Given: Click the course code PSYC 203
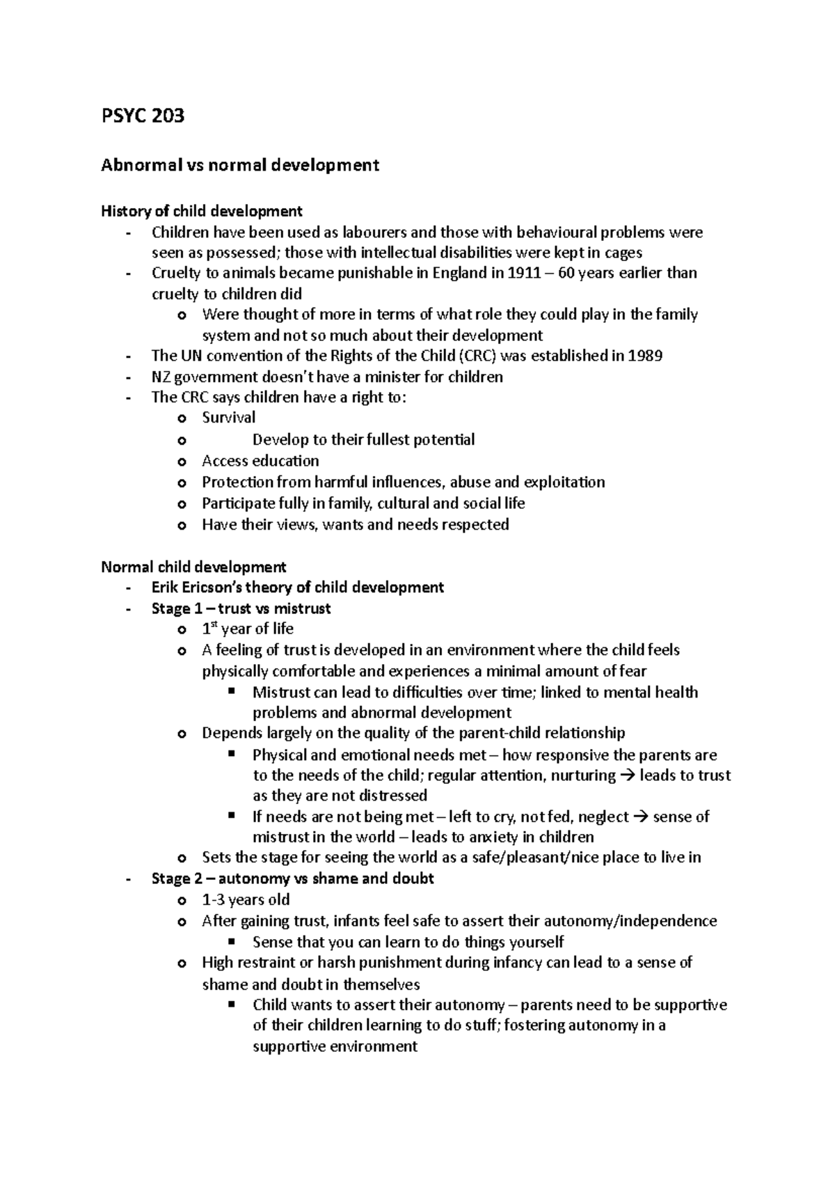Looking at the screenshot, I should [143, 116].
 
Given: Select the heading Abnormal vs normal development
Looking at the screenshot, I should [240, 165].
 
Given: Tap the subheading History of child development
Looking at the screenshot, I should [202, 210].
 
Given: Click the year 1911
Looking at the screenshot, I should [523, 273].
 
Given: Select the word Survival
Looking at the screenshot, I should [228, 418].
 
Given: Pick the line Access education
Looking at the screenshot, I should [260, 461].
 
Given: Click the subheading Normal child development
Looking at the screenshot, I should [193, 567].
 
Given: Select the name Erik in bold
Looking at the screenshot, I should [164, 588].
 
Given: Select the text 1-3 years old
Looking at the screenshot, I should [246, 899].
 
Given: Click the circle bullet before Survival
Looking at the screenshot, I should [182, 418].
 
